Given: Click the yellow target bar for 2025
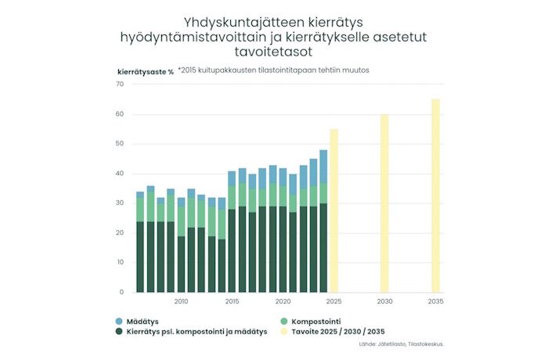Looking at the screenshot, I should pyautogui.click(x=333, y=211).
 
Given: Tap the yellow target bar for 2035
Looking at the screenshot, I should pyautogui.click(x=435, y=196).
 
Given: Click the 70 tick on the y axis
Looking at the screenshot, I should pyautogui.click(x=120, y=85).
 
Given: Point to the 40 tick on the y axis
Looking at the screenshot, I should pyautogui.click(x=120, y=174).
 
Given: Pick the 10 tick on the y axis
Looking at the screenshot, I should pyautogui.click(x=120, y=262).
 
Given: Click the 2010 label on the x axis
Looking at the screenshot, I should pyautogui.click(x=181, y=301).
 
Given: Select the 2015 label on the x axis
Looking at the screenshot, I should pyautogui.click(x=232, y=301).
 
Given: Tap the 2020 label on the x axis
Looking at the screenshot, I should pyautogui.click(x=283, y=301).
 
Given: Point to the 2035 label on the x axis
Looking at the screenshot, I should pyautogui.click(x=435, y=301).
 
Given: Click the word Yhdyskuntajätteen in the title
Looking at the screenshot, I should pyautogui.click(x=235, y=22).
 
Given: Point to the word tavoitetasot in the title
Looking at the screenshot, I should pyautogui.click(x=273, y=52).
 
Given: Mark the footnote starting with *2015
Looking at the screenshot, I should pyautogui.click(x=273, y=70).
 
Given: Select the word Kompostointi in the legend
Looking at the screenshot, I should pyautogui.click(x=317, y=321).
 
